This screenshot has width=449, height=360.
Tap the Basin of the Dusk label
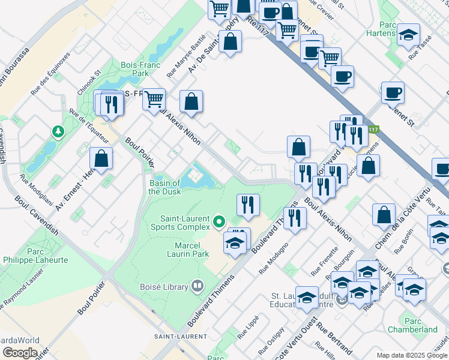pyautogui.click(x=164, y=187)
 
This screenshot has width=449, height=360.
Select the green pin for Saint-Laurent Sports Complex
pyautogui.click(x=219, y=222)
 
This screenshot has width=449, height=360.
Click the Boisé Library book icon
pyautogui.click(x=197, y=287)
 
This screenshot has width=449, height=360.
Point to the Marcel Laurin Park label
pyautogui.click(x=184, y=249)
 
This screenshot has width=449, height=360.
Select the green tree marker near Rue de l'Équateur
pyautogui.click(x=58, y=131)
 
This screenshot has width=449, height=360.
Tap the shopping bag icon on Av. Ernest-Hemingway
pyautogui.click(x=101, y=159)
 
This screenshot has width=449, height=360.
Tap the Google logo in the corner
pyautogui.click(x=20, y=353)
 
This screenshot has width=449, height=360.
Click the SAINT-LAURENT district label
pyautogui.click(x=176, y=335)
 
